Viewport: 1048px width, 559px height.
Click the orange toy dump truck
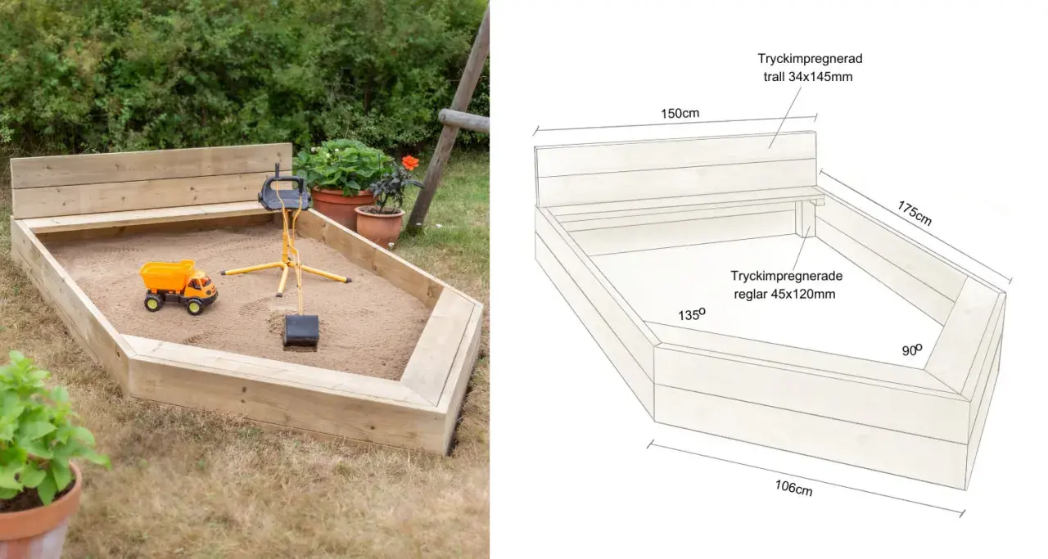178,286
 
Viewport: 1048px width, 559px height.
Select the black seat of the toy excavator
284,193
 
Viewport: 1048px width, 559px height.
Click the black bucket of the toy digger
300,331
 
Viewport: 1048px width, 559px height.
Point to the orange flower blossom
410,162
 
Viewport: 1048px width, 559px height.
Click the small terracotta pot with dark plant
379,226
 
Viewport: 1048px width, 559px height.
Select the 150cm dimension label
680,113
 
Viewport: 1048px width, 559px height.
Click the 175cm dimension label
915,214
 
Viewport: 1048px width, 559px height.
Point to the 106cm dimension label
793,488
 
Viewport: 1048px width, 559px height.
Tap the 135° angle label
692,314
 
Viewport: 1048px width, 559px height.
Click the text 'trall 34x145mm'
808,77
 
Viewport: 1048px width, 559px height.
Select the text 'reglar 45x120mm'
784,295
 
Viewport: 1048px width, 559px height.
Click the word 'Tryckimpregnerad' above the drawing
810,59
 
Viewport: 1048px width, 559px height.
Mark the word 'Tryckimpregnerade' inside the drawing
787,276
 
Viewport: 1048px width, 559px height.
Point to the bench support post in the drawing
806,219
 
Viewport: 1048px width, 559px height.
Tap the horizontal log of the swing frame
464,121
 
